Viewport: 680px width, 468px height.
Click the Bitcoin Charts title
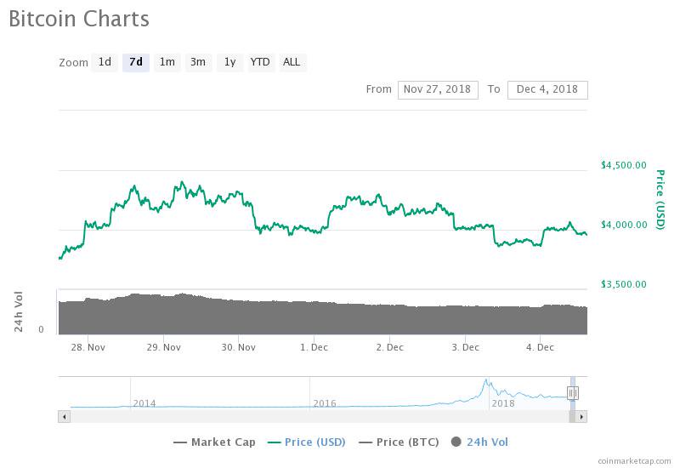pyautogui.click(x=79, y=19)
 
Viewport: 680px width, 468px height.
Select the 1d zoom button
pyautogui.click(x=105, y=62)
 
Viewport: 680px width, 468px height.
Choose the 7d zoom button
pyautogui.click(x=136, y=62)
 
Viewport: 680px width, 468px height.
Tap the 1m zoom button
pyautogui.click(x=167, y=62)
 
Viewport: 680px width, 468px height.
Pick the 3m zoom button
pyautogui.click(x=198, y=62)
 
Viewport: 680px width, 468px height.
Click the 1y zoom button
pyautogui.click(x=229, y=62)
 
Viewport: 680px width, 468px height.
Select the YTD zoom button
pyautogui.click(x=260, y=62)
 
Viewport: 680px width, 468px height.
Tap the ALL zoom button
pyautogui.click(x=292, y=62)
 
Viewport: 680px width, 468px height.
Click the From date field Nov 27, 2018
pyautogui.click(x=438, y=89)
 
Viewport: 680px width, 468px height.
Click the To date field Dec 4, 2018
pyautogui.click(x=547, y=89)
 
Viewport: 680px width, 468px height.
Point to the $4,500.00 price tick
pyautogui.click(x=623, y=165)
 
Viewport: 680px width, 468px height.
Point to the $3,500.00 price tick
pyautogui.click(x=623, y=284)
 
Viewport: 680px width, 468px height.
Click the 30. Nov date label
pyautogui.click(x=239, y=347)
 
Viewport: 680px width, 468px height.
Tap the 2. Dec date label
pyautogui.click(x=389, y=347)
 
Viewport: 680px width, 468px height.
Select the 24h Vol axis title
pyautogui.click(x=19, y=311)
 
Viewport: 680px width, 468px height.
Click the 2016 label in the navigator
pyautogui.click(x=325, y=402)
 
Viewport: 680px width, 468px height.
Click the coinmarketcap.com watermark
pyautogui.click(x=633, y=460)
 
